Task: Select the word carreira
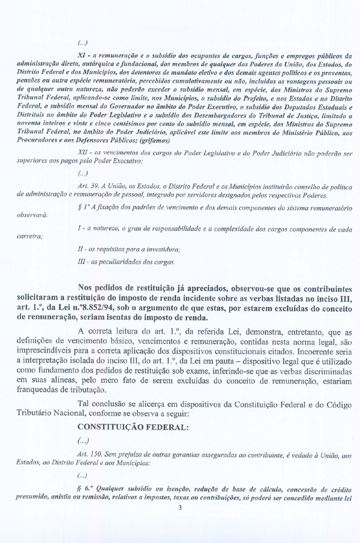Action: [x=29, y=236]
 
